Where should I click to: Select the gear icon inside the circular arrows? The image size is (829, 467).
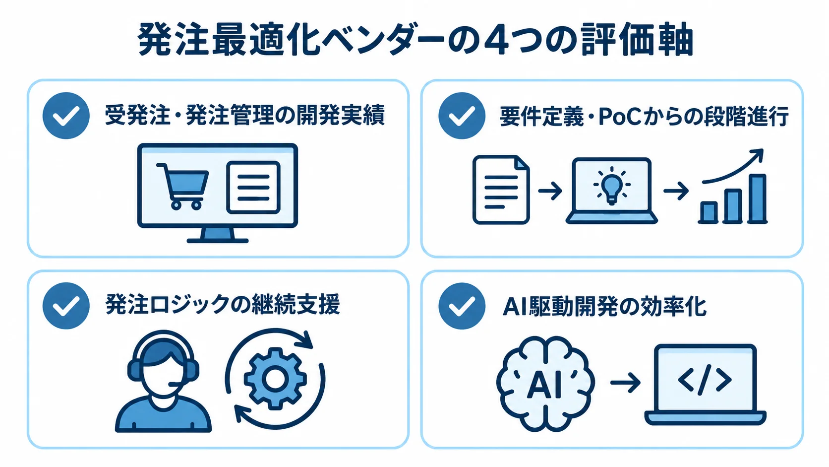click(275, 379)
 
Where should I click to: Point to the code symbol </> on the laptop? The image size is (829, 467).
click(705, 379)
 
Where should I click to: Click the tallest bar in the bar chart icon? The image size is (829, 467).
click(758, 199)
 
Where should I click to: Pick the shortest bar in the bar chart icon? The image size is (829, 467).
click(709, 212)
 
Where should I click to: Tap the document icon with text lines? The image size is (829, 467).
click(501, 190)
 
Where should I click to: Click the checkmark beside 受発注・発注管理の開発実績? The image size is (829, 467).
click(66, 116)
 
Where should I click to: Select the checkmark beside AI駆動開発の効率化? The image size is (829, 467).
click(462, 306)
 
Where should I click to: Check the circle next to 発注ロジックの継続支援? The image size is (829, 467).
click(66, 306)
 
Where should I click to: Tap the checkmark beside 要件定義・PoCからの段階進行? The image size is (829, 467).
click(462, 116)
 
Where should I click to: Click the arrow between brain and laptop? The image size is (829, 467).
click(625, 383)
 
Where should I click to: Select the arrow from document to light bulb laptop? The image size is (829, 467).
click(550, 191)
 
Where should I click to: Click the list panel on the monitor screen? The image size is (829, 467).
click(253, 188)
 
